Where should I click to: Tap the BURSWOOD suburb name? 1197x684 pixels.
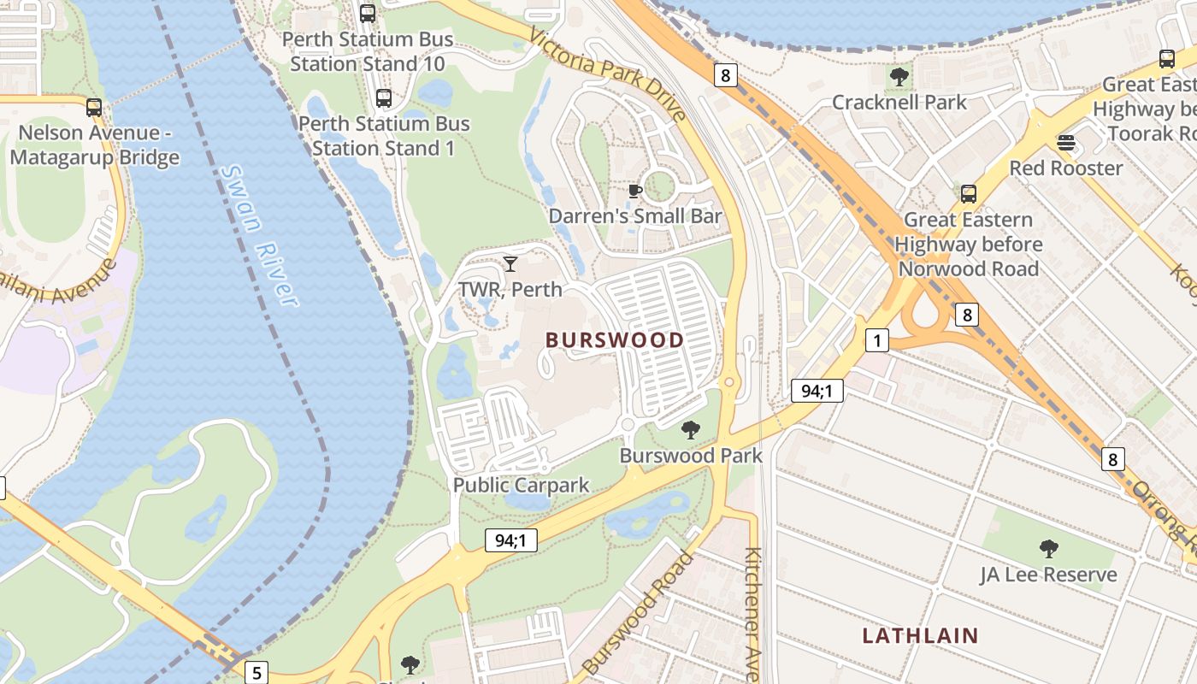click(x=615, y=340)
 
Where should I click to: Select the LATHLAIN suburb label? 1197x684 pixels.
click(x=920, y=635)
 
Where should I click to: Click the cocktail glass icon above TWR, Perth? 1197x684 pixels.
click(x=510, y=263)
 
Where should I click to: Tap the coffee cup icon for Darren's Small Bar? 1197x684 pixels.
click(x=634, y=191)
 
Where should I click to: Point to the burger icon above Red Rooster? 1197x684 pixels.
click(x=1065, y=142)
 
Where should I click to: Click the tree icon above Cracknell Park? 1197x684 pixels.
click(x=899, y=77)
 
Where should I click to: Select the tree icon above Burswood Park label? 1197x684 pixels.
click(x=691, y=430)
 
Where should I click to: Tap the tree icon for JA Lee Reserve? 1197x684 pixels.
click(x=1048, y=549)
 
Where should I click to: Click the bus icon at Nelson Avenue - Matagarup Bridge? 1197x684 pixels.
click(x=94, y=108)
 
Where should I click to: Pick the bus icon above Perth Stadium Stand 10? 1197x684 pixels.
click(x=368, y=14)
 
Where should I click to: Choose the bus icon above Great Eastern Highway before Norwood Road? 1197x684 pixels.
click(x=968, y=194)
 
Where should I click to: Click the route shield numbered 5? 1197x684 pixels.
click(x=256, y=672)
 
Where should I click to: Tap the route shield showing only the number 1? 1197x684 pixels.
click(x=876, y=340)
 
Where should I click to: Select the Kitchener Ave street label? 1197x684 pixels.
click(x=752, y=614)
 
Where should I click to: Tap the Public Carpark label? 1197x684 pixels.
click(x=521, y=486)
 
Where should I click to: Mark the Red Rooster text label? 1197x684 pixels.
click(x=1065, y=168)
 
